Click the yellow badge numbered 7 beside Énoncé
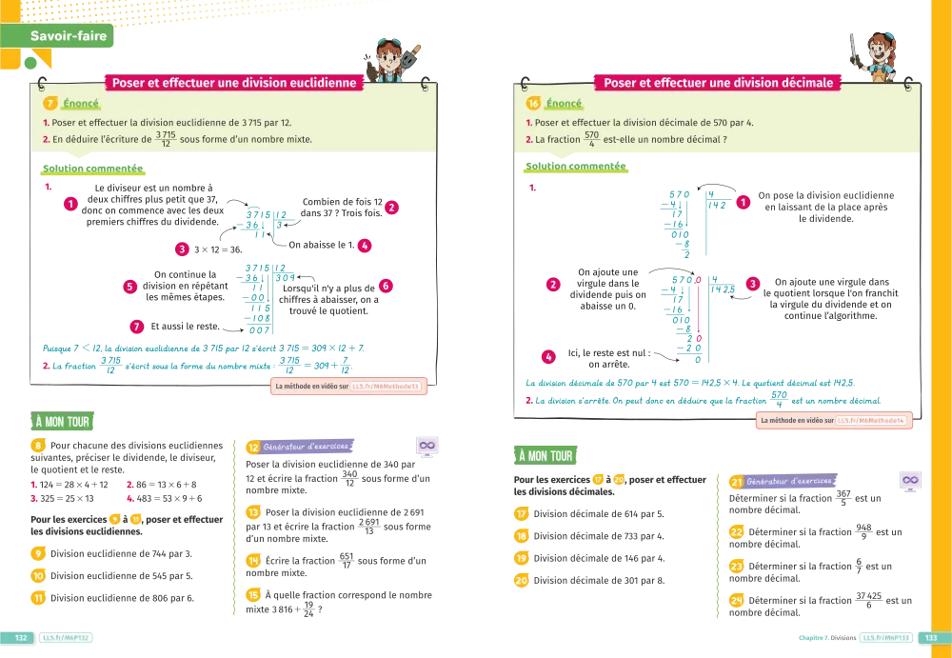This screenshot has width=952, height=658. click(50, 104)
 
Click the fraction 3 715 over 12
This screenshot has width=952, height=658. click(165, 140)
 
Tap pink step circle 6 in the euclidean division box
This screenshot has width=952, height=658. click(386, 286)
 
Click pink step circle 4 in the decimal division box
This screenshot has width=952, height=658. click(548, 357)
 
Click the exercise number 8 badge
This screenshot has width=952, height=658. click(38, 446)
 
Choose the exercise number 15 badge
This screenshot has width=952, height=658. click(253, 595)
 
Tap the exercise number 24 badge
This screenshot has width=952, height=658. click(736, 601)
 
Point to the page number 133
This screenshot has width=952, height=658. click(931, 638)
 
